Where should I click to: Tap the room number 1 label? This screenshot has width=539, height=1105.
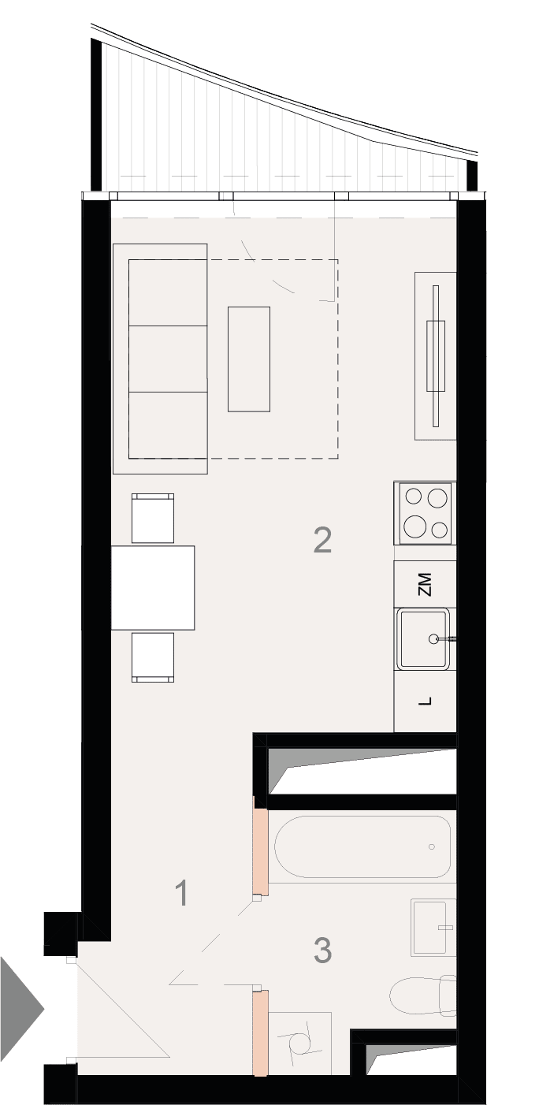click(x=182, y=892)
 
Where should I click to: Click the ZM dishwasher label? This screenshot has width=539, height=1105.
click(x=425, y=584)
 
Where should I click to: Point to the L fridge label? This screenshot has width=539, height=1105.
click(x=425, y=701)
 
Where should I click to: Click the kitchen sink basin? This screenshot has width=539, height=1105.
click(x=424, y=639)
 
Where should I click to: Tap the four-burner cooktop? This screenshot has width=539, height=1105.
click(x=425, y=513)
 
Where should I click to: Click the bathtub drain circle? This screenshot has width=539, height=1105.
click(x=432, y=846)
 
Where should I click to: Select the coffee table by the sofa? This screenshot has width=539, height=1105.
click(x=248, y=359)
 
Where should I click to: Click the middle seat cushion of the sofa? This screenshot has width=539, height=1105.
click(x=168, y=359)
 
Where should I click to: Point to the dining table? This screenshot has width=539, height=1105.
click(x=153, y=587)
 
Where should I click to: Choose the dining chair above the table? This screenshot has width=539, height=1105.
click(x=153, y=518)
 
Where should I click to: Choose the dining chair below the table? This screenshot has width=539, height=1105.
click(x=153, y=657)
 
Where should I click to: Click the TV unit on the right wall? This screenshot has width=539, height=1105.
click(x=436, y=355)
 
